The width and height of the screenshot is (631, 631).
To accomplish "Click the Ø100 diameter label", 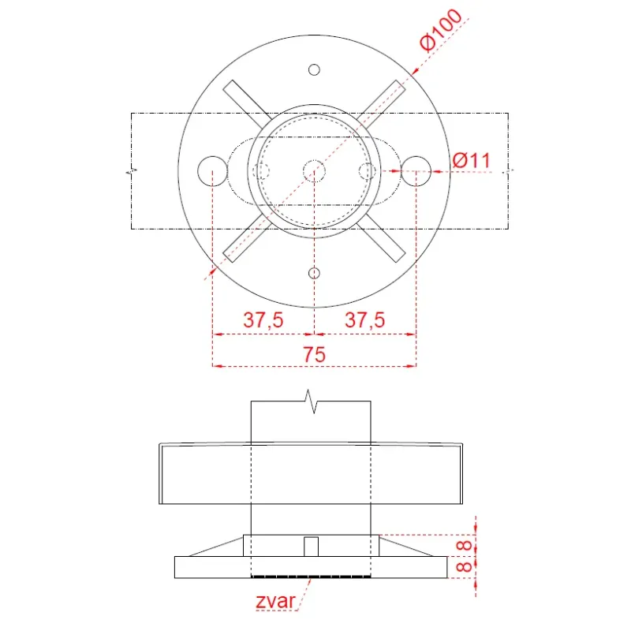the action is [x=440, y=30].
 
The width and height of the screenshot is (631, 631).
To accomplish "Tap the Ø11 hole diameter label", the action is [x=471, y=160].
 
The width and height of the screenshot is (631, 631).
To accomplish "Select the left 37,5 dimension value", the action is [x=263, y=320].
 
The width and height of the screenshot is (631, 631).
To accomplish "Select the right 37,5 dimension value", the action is [x=364, y=320].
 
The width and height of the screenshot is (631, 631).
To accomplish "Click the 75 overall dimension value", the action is [x=314, y=354].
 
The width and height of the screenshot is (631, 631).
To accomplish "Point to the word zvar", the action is [x=275, y=601].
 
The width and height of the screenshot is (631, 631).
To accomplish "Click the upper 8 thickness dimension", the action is [x=465, y=546].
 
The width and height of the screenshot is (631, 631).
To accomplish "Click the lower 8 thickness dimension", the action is [x=465, y=567].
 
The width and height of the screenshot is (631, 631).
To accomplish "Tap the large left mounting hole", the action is [x=212, y=156].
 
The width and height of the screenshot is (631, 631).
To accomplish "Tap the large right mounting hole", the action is [x=416, y=156].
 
